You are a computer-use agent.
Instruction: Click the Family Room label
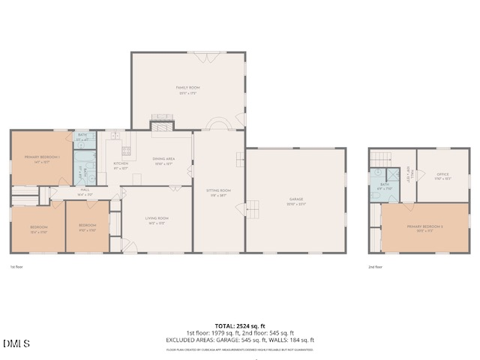pyautogui.click(x=187, y=88)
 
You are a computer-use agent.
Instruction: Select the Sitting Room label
pyautogui.click(x=219, y=192)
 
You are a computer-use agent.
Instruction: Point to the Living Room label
pyautogui.click(x=157, y=219)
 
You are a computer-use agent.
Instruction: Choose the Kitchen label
pyautogui.click(x=121, y=164)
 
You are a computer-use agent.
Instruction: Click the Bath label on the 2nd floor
pyautogui.click(x=385, y=186)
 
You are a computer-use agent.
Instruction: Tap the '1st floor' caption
pyautogui.click(x=16, y=266)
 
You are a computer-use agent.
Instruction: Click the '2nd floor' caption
pyautogui.click(x=376, y=266)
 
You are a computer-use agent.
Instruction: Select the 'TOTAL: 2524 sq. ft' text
pyautogui.click(x=240, y=325)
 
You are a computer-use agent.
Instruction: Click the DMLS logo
pyautogui.click(x=16, y=344)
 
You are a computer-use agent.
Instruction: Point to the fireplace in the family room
pyautogui.click(x=162, y=125)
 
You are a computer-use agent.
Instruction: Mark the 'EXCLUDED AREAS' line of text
pyautogui.click(x=240, y=340)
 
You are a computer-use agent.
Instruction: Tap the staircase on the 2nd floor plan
pyautogui.click(x=382, y=159)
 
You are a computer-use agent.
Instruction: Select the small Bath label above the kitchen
pyautogui.click(x=82, y=136)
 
